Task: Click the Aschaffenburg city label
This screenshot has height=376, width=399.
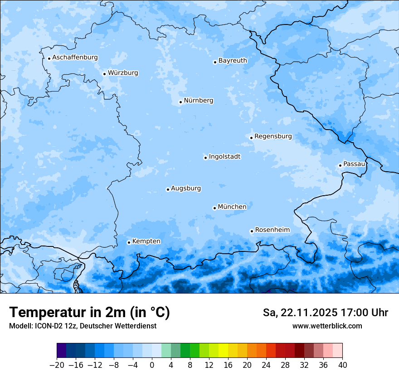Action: pos(75,58)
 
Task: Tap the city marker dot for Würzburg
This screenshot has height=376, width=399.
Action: pos(104,74)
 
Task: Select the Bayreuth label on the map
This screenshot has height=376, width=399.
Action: pos(233,60)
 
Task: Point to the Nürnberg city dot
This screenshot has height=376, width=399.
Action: pos(180,102)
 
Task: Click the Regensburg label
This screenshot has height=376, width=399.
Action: pos(273,136)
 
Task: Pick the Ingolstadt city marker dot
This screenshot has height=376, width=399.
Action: pos(205,158)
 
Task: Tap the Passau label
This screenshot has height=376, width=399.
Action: pos(354,164)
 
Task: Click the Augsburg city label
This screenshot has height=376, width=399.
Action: pos(186,188)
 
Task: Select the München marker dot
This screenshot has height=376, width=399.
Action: pos(214,208)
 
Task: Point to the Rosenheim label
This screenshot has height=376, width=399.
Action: pos(272,230)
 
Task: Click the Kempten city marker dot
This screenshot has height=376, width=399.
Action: pos(129,242)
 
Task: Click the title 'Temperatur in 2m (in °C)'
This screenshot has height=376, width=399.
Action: pos(89,313)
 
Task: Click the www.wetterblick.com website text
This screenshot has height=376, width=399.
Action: pos(327,326)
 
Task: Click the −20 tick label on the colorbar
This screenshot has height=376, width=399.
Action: pos(57,365)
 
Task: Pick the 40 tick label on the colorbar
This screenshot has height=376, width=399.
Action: pos(342,365)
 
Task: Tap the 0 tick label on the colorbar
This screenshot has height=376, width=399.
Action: pos(152,365)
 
